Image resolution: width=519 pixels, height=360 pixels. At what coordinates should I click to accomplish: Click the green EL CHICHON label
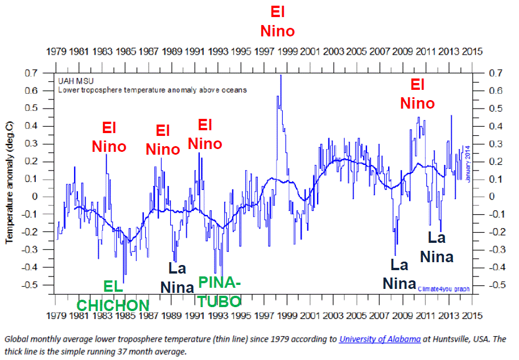(x=113, y=296)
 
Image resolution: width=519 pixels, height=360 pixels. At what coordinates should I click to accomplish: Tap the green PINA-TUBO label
(x=219, y=291)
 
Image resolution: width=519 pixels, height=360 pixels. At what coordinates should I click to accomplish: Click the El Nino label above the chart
(x=277, y=22)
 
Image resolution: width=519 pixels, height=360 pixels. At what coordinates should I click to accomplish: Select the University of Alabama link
(x=380, y=339)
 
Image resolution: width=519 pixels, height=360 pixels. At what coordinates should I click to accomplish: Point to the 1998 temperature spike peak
(x=281, y=76)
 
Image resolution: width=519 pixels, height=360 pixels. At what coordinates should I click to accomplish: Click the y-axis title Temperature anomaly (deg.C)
(x=10, y=185)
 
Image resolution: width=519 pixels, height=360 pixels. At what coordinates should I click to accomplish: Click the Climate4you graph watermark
(x=444, y=289)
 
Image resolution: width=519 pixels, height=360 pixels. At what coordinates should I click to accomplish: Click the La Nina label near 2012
(x=437, y=247)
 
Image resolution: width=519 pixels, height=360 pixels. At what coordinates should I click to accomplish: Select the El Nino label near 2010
(x=417, y=94)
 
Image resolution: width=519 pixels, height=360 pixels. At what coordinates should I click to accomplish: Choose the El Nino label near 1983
(x=109, y=137)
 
